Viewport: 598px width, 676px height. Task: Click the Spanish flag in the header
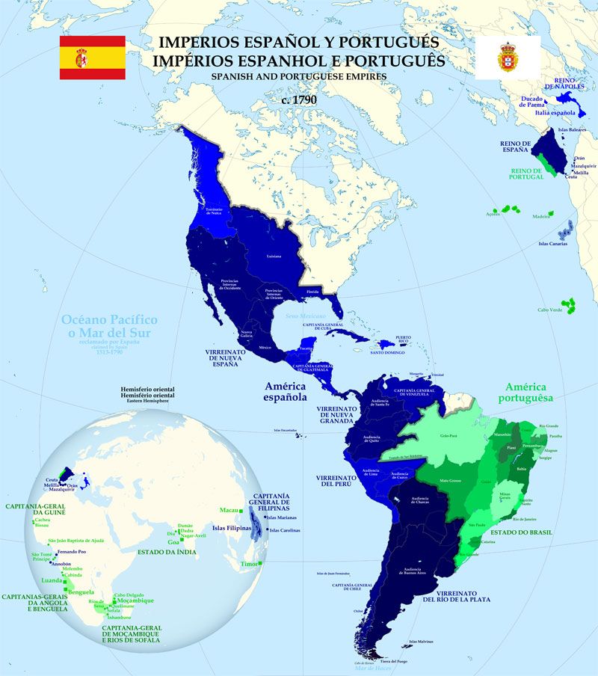pyautogui.click(x=93, y=58)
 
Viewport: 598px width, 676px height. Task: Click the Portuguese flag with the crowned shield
pyautogui.click(x=508, y=58)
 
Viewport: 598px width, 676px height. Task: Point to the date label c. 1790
pyautogui.click(x=298, y=99)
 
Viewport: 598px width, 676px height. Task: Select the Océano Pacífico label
pyautogui.click(x=110, y=325)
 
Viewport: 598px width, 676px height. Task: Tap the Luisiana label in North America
pyautogui.click(x=274, y=256)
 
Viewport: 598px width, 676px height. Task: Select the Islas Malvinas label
pyautogui.click(x=422, y=641)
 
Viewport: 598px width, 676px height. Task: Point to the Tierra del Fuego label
pyautogui.click(x=392, y=661)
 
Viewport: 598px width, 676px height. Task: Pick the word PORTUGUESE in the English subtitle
pyautogui.click(x=324, y=76)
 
